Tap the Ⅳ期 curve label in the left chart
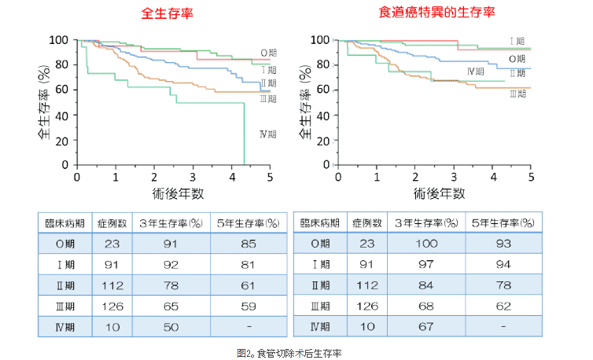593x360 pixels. coord(267,134)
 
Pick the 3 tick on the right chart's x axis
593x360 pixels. coord(454,177)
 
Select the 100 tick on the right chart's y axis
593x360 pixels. coord(319,40)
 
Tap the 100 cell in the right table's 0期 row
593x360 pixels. coord(425,244)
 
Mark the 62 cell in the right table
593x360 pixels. coord(504,305)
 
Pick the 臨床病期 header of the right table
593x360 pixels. coord(320,223)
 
